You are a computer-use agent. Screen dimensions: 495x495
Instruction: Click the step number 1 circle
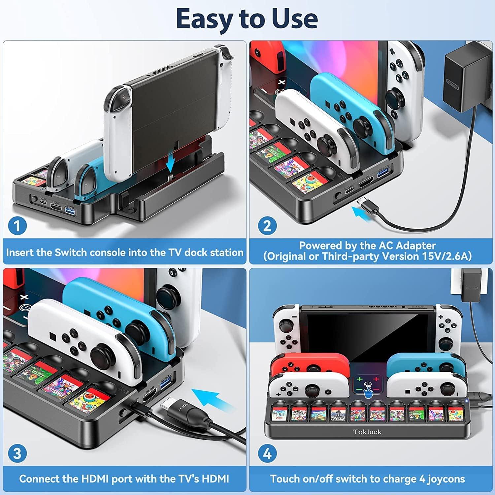(17, 226)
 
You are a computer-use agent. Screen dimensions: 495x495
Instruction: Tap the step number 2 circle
(267, 226)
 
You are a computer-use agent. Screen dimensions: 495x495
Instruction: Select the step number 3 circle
(17, 453)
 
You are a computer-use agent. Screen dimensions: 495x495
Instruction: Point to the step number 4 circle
(267, 453)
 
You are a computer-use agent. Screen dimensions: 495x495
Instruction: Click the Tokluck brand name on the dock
(367, 431)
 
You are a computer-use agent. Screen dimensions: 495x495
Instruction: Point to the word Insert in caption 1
(20, 252)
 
